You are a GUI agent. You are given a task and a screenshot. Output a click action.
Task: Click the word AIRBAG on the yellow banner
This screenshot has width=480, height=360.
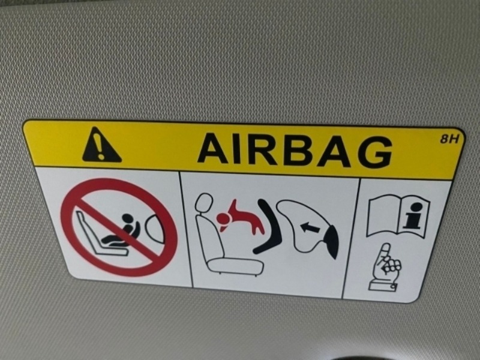click(295, 151)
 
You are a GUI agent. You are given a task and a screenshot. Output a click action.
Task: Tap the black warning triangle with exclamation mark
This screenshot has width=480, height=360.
click(101, 145)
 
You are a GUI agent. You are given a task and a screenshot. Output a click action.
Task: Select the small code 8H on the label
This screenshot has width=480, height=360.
click(449, 139)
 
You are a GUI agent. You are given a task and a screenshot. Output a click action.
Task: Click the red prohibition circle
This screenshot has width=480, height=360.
click(119, 227)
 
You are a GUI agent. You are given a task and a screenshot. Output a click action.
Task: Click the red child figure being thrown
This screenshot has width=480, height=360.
click(241, 218)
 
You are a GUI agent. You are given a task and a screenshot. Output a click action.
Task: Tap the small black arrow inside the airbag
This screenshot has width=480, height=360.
click(310, 227)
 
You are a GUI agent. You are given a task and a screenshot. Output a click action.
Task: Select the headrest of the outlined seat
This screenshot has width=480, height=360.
click(203, 203)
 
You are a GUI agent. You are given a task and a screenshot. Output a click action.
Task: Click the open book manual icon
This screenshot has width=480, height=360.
click(398, 215)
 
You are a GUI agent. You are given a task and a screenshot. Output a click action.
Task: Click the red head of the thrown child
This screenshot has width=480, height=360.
click(223, 218)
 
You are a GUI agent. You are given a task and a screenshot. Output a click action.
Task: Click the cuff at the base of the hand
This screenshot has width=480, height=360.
click(383, 287)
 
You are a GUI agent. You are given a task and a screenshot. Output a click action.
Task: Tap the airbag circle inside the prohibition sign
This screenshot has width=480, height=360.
click(155, 229)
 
